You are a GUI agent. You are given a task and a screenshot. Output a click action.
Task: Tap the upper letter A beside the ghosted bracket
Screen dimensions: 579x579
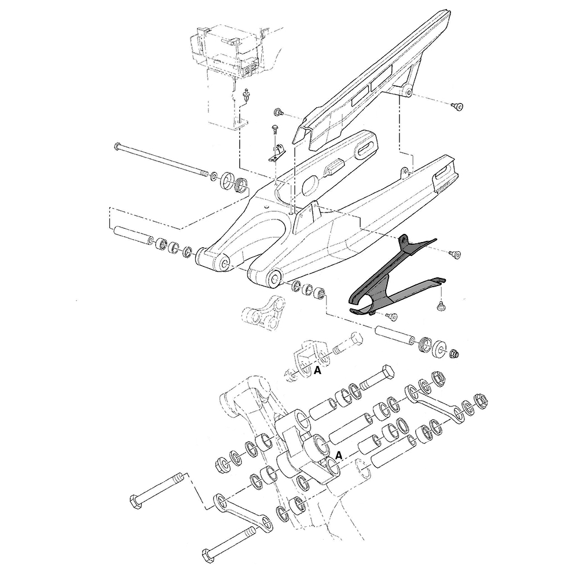tap(317, 370)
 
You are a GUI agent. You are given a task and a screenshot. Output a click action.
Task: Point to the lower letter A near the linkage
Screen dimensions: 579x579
tap(339, 455)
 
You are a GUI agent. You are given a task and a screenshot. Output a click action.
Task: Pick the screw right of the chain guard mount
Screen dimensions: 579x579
tap(457, 105)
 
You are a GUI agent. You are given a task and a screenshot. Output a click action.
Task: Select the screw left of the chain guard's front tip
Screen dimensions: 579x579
tap(278, 111)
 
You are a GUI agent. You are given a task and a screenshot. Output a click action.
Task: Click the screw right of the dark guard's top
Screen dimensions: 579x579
tap(454, 254)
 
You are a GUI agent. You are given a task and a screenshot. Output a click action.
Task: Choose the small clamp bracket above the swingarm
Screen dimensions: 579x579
tap(277, 152)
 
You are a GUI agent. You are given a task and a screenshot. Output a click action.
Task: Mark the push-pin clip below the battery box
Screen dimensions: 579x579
tap(248, 96)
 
